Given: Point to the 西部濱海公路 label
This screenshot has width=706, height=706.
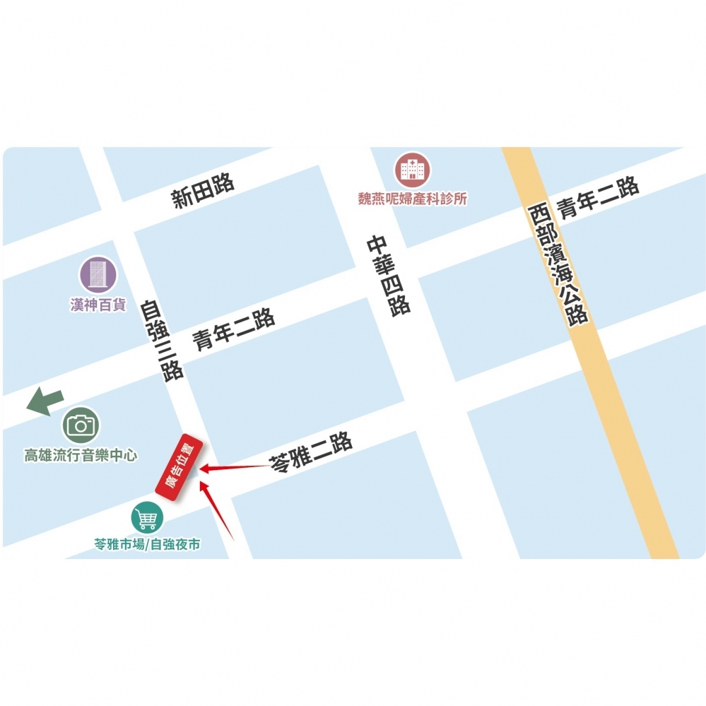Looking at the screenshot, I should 558,263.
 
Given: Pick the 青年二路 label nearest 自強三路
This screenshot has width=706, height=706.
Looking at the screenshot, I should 234,330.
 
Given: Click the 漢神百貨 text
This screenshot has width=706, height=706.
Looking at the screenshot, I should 98,305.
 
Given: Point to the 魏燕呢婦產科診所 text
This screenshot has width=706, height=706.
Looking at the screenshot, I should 413,199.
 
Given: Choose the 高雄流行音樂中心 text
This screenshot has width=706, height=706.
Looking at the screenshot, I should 81,456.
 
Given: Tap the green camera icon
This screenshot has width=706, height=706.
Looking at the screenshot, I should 81,425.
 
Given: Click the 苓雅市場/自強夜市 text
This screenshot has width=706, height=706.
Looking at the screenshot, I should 147,545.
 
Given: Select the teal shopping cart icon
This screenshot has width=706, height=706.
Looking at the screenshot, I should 147,519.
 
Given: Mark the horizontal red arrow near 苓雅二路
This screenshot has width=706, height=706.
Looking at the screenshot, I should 233,467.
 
